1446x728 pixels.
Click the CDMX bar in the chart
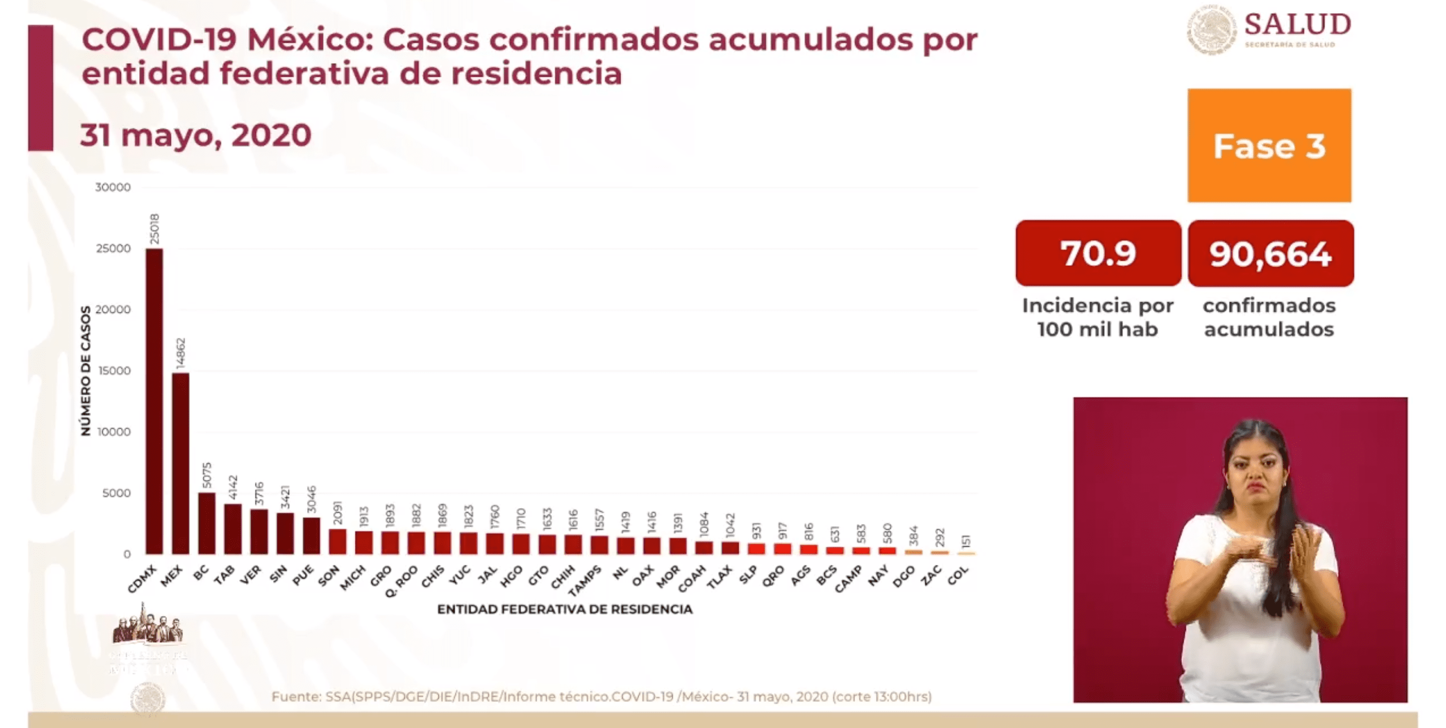[154, 401]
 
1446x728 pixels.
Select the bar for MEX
[180, 463]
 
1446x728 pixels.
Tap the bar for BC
[206, 523]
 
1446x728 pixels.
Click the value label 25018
[154, 229]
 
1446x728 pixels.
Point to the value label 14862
[180, 353]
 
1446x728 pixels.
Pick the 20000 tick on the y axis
[113, 309]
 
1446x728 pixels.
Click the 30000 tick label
[113, 187]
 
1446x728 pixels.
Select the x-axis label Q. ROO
[402, 581]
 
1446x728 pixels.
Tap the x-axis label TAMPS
[585, 581]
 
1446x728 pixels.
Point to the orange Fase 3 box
[1269, 146]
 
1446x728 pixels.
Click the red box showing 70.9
[1098, 253]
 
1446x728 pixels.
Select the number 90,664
[1270, 254]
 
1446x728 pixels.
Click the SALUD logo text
[1297, 25]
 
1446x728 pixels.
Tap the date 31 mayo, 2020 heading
[195, 135]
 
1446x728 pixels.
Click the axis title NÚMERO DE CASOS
[85, 371]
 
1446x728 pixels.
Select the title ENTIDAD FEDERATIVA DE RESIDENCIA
[565, 610]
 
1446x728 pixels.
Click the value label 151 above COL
[966, 542]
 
